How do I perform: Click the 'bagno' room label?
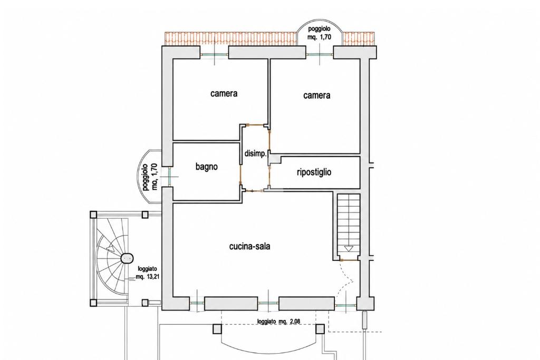click(207, 167)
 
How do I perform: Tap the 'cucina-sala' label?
click(249, 247)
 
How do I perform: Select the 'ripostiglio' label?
click(314, 172)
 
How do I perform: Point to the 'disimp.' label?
click(256, 154)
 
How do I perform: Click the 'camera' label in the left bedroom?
click(224, 93)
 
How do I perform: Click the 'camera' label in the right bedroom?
click(317, 95)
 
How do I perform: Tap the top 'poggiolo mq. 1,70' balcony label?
click(320, 33)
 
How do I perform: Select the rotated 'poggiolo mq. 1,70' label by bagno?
click(150, 177)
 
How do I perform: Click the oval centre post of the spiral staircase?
click(127, 258)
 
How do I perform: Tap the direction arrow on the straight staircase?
click(349, 248)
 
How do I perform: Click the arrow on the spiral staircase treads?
click(110, 247)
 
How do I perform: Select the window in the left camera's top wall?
click(215, 55)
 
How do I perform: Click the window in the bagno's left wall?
click(169, 177)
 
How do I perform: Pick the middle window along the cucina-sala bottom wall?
click(268, 304)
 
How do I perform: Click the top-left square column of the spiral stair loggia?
click(93, 215)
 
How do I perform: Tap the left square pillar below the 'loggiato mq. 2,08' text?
click(217, 329)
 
